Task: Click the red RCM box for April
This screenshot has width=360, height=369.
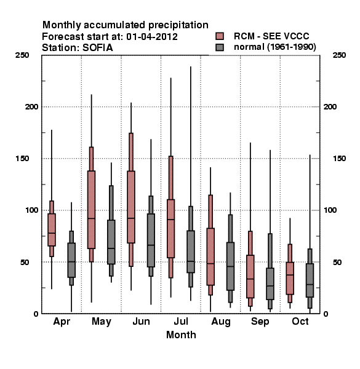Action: [52, 229]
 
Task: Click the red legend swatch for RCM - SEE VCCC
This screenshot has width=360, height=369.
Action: [220, 36]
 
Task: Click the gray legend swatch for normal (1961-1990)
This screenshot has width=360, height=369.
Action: [220, 47]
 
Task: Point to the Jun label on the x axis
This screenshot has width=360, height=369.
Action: [141, 321]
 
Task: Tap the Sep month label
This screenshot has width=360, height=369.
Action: [260, 322]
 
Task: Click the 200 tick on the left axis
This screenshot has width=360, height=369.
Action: [32, 106]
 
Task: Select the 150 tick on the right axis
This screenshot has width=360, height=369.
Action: [339, 159]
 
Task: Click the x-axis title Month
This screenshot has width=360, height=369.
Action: [181, 335]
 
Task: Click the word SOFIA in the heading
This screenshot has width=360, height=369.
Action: [98, 47]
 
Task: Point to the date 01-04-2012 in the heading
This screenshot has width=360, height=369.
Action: [152, 36]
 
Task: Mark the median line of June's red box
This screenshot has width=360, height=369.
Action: [131, 218]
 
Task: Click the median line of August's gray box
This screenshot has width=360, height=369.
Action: [230, 266]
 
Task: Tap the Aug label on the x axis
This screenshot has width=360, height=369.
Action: [221, 322]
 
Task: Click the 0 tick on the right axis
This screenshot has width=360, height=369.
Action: [326, 314]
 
